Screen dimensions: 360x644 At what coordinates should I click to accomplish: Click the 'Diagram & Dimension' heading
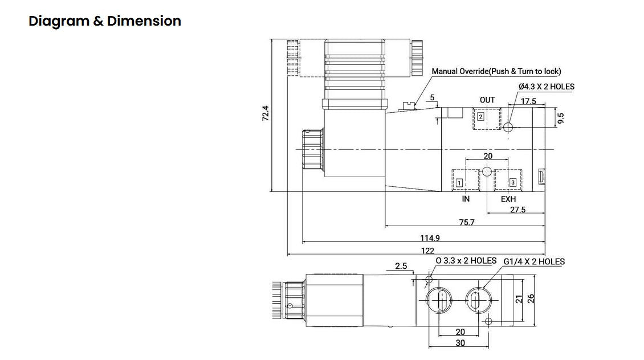[x=105, y=21]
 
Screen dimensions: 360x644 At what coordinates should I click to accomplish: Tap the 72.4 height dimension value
[x=265, y=116]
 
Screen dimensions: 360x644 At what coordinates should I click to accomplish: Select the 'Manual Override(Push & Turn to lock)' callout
[x=496, y=71]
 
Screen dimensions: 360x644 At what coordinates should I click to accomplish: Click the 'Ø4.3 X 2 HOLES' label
[x=546, y=87]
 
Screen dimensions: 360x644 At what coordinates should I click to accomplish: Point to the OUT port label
[x=487, y=100]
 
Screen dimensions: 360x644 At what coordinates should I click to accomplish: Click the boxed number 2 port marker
[x=480, y=117]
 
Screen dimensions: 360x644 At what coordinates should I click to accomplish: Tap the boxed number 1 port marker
[x=459, y=182]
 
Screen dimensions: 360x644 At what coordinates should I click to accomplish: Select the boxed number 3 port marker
[x=513, y=182]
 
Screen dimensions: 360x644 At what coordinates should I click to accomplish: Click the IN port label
[x=466, y=199]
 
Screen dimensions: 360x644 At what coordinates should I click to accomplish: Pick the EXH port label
[x=508, y=199]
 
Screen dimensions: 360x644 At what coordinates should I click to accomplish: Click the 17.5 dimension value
[x=528, y=101]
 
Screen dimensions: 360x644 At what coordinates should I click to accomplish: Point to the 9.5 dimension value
[x=561, y=118]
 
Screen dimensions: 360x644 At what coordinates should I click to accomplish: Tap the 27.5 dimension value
[x=517, y=210]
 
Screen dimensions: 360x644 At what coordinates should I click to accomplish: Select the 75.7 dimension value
[x=466, y=222]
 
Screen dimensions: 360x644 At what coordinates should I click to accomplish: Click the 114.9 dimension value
[x=430, y=238]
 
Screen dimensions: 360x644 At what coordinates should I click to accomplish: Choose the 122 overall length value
[x=427, y=251]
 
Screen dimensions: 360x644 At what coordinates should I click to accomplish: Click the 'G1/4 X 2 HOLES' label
[x=534, y=261]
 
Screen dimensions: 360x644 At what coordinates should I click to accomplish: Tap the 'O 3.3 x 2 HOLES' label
[x=466, y=261]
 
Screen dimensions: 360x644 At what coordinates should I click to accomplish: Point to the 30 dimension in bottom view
[x=460, y=343]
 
